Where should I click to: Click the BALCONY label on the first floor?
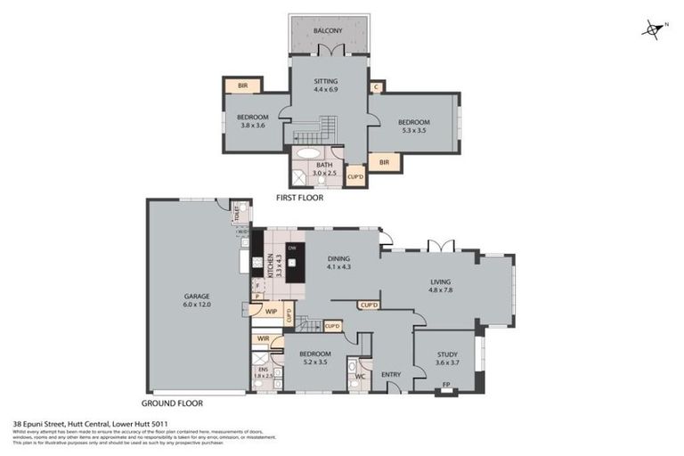[329, 31]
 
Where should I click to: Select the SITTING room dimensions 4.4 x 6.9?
[325, 90]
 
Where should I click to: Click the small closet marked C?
[377, 86]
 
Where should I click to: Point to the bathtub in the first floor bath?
[311, 152]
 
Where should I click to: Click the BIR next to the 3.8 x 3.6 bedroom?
[242, 86]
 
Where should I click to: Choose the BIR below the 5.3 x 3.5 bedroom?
[384, 162]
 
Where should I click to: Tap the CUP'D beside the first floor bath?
[355, 176]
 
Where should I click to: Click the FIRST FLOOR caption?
[299, 198]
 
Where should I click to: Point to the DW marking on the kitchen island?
[290, 248]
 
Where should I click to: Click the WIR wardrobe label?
[264, 338]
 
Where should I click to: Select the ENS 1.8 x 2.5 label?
[263, 373]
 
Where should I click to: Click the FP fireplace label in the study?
[447, 386]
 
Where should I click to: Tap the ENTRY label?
[391, 375]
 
